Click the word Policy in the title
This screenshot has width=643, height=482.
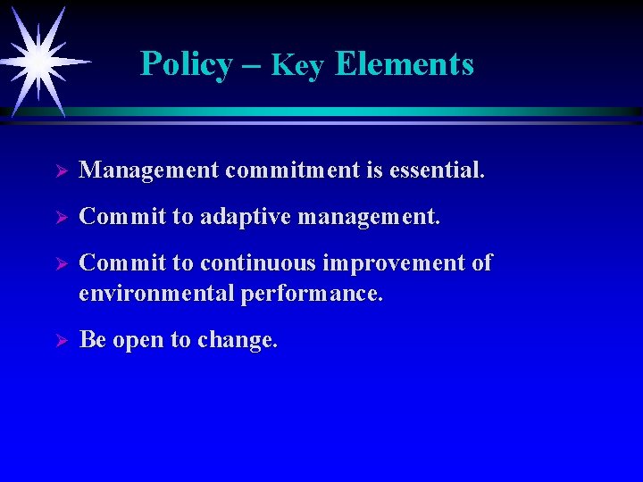(186, 64)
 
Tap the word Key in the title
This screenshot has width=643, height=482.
(297, 65)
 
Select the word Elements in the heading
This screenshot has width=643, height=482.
(405, 64)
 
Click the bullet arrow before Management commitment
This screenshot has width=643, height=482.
(62, 170)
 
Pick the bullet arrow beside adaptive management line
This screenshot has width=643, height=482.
(62, 218)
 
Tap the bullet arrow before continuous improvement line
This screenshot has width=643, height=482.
(62, 265)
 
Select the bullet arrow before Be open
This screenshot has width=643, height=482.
(62, 341)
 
